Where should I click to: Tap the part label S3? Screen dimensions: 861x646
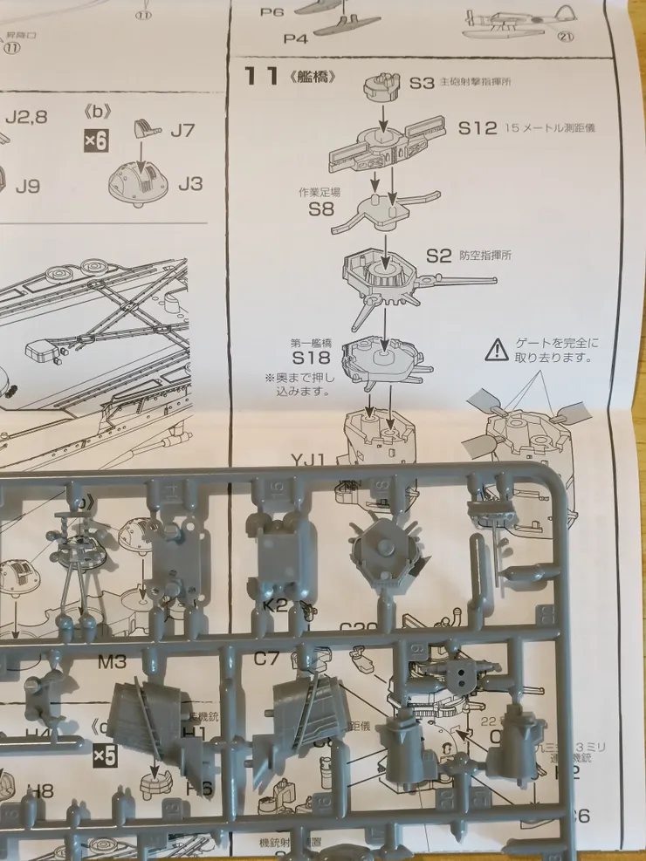coord(422,83)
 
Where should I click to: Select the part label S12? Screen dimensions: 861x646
coord(478,128)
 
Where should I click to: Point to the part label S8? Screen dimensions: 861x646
coord(320,209)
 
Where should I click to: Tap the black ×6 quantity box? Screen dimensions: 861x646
coord(96,140)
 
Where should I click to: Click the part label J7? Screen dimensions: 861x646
coord(182,131)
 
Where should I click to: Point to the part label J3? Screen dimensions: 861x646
coord(189,183)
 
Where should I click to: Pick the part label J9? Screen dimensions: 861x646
coord(28,186)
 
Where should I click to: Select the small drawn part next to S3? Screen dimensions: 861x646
coord(381,85)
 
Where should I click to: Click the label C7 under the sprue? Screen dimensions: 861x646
coord(266,659)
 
